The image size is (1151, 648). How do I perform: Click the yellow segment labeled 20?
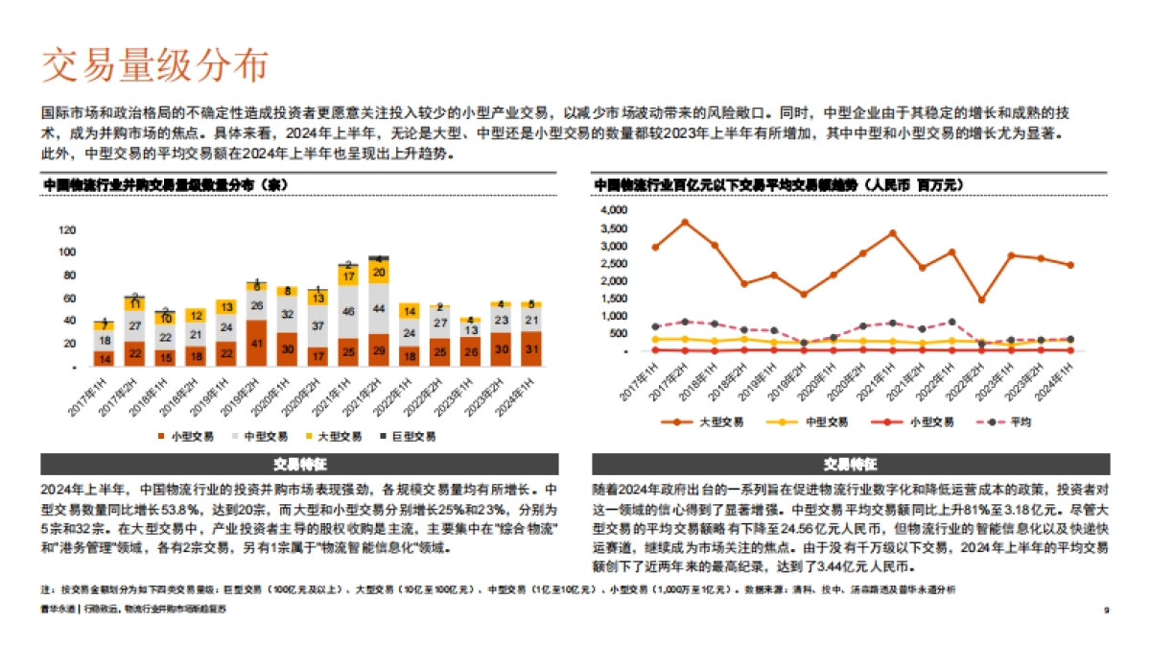pos(379,273)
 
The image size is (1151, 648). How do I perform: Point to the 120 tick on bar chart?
pos(67,230)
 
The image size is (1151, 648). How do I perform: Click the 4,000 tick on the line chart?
pos(611,209)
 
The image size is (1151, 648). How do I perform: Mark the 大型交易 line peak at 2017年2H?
pos(685,222)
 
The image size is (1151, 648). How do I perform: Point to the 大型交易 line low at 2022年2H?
pos(981,300)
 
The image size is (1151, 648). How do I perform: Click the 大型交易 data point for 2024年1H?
pos(1070,265)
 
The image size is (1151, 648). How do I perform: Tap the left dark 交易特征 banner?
pos(299,464)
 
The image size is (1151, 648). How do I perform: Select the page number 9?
pos(1107,610)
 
